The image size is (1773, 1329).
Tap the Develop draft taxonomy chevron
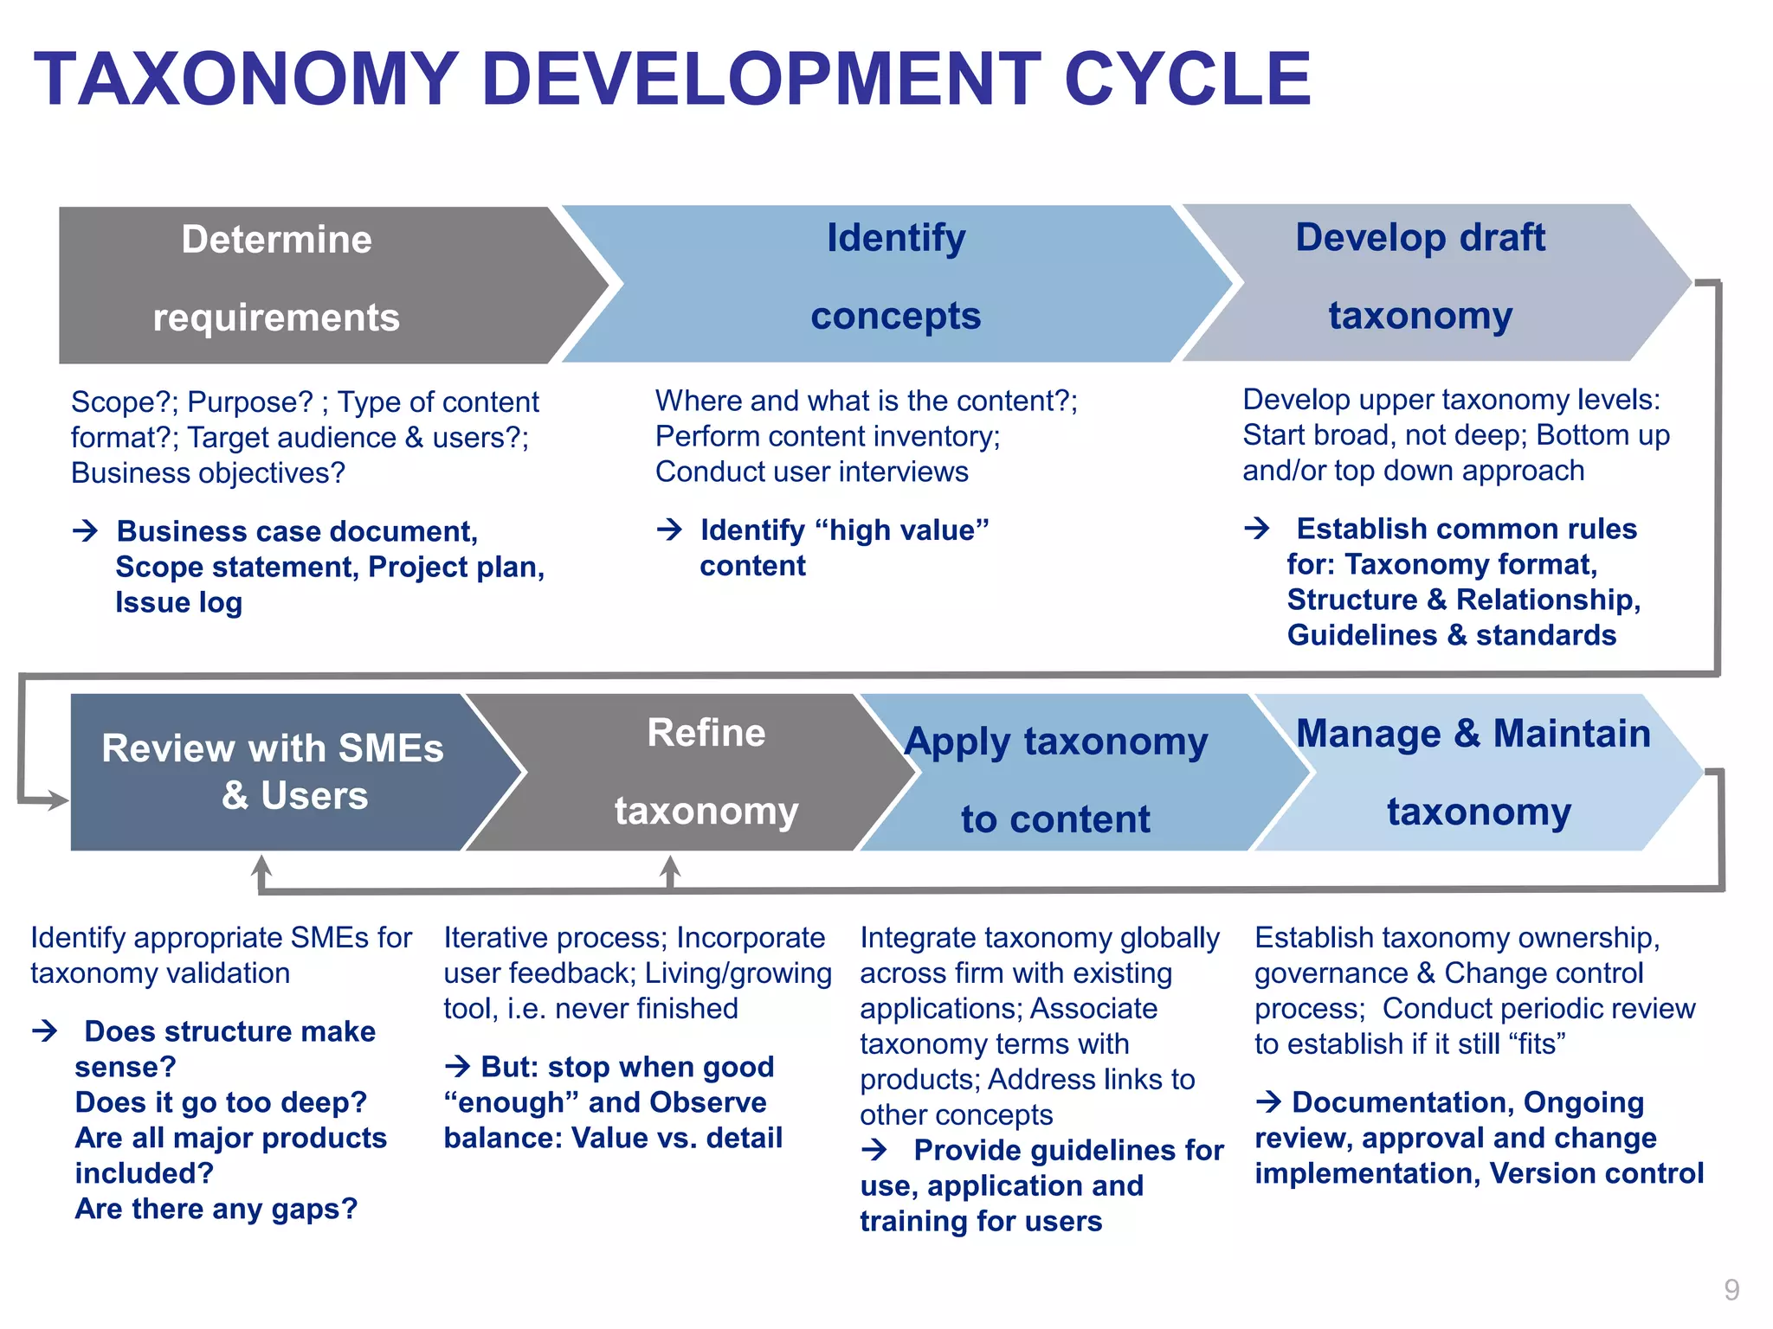tap(1428, 281)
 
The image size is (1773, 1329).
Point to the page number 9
tap(1731, 1290)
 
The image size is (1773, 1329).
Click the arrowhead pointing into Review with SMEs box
tap(59, 800)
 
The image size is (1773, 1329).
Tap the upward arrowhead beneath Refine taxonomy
tap(670, 864)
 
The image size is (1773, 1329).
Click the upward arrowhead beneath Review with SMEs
tap(261, 864)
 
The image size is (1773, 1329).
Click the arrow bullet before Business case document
tap(86, 530)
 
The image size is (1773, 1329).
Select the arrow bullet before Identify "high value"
tap(669, 529)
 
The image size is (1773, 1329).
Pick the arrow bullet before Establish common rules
tap(1257, 527)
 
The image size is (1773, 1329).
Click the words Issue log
tap(178, 602)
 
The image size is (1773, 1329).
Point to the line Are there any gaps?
tap(216, 1209)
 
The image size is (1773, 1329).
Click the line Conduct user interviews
tap(811, 472)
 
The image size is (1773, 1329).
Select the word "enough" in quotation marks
tap(503, 1103)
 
